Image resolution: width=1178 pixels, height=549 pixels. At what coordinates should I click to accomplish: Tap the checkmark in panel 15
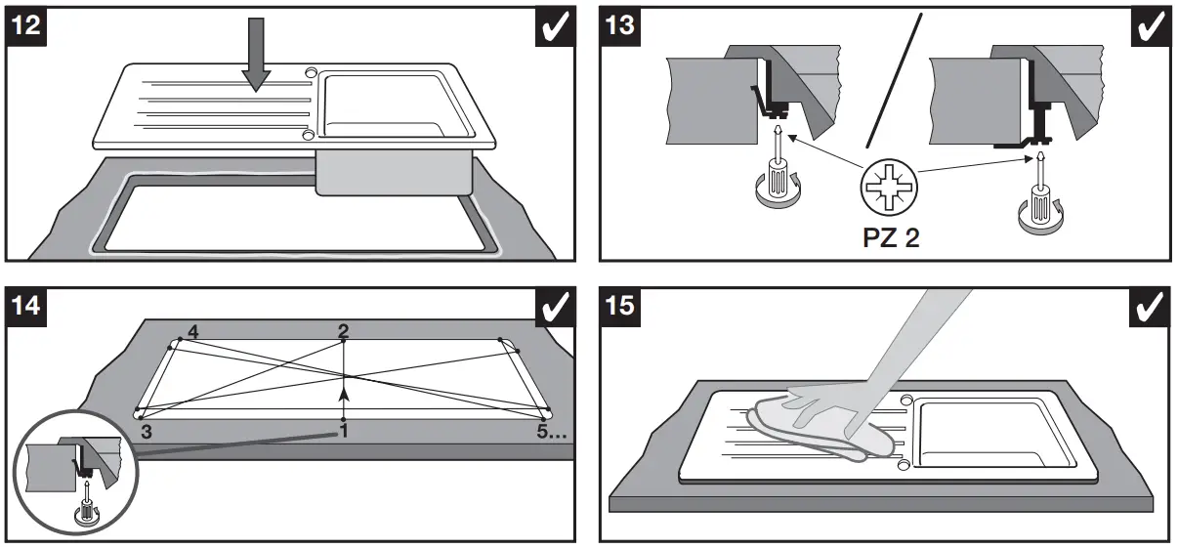(1150, 307)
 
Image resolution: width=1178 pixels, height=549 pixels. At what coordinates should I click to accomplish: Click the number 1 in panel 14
(344, 431)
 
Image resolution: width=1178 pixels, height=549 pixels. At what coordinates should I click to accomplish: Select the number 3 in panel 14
(146, 429)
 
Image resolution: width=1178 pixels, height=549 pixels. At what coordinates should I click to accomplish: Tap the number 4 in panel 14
(192, 333)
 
